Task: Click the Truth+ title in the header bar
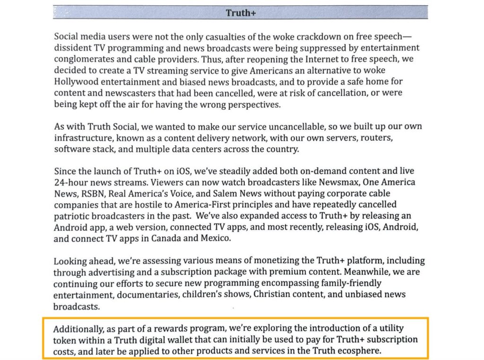(241, 13)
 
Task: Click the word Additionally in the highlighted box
(77, 328)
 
